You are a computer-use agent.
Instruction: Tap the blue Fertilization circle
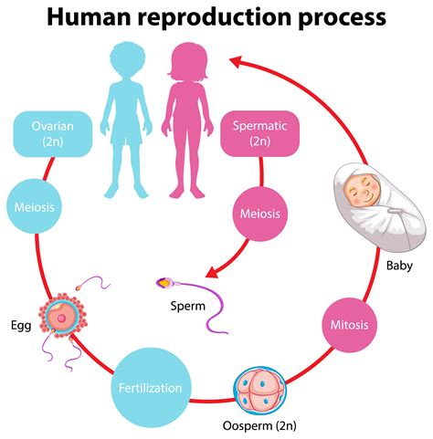click(x=152, y=387)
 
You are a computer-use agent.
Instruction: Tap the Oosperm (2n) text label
click(x=259, y=425)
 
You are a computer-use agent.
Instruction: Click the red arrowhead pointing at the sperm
click(x=212, y=271)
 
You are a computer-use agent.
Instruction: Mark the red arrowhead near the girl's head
click(x=239, y=62)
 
